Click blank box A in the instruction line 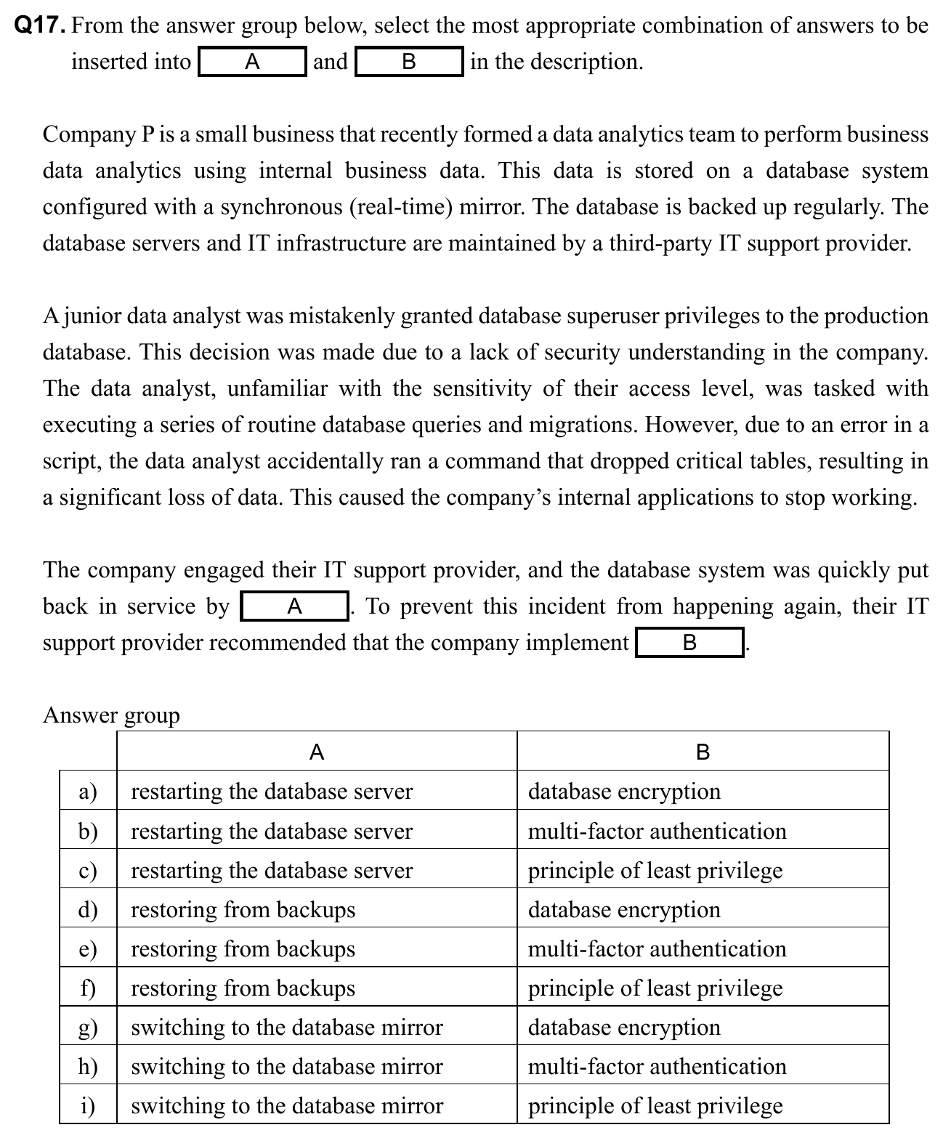252,62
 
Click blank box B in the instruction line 409,62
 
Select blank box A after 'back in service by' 294,606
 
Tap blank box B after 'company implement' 689,643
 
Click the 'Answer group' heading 111,715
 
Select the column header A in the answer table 317,752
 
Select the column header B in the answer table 703,752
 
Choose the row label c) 88,870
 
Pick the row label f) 88,988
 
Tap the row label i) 88,1105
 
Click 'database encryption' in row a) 624,791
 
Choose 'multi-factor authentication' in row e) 657,948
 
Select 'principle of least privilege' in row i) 655,1105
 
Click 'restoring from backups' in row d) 243,909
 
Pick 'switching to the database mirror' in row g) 286,1027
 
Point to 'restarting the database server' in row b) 271,831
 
